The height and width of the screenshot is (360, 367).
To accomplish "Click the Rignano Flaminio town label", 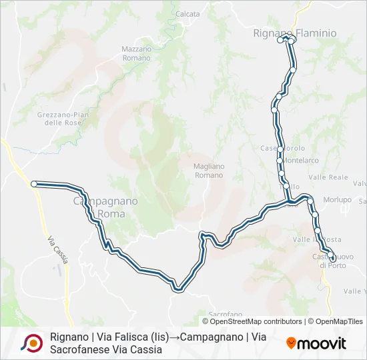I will pyautogui.click(x=295, y=32).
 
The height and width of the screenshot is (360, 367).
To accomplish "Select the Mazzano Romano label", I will pyautogui.click(x=137, y=53).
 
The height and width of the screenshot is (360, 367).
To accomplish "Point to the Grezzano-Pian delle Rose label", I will pyautogui.click(x=63, y=119).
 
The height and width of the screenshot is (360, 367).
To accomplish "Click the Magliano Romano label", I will pyautogui.click(x=209, y=170).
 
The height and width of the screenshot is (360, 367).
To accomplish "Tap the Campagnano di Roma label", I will pyautogui.click(x=105, y=207).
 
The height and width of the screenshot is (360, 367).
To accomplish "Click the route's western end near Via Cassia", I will pyautogui.click(x=33, y=183).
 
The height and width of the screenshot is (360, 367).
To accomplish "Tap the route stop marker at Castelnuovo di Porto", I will pyautogui.click(x=332, y=251).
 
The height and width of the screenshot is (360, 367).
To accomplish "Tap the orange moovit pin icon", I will pyautogui.click(x=292, y=343).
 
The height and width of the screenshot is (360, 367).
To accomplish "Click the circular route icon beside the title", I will pyautogui.click(x=31, y=343).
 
